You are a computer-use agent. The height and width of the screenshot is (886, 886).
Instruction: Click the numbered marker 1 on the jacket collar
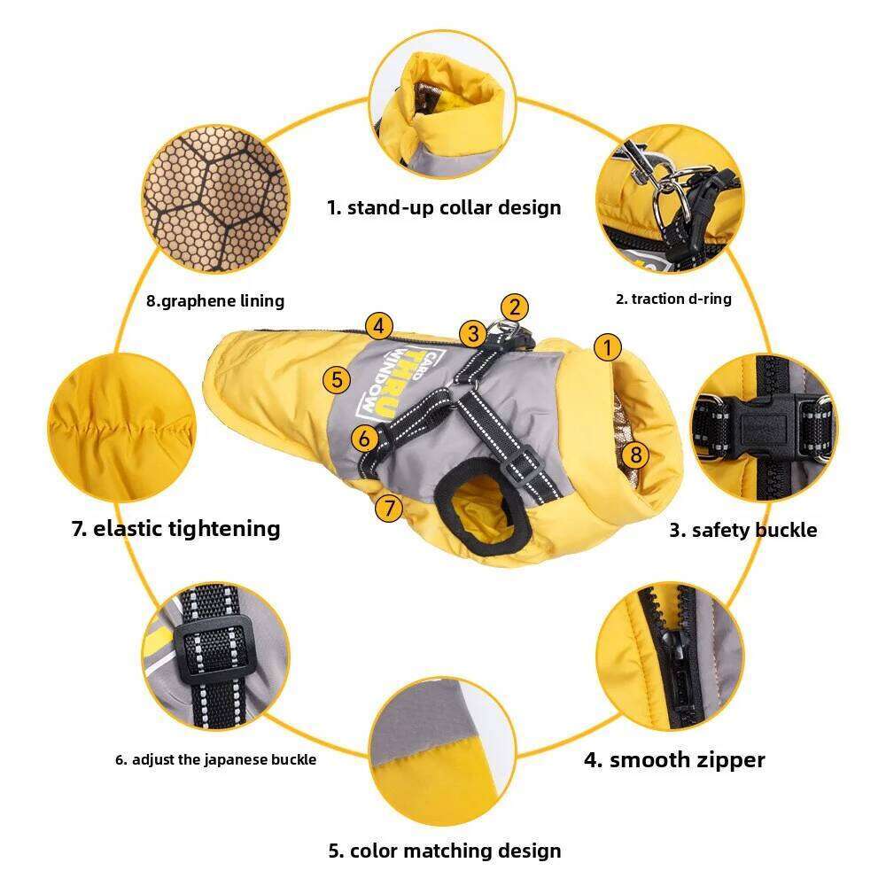tap(608, 347)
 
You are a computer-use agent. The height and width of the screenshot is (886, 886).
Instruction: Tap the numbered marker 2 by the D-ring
tap(514, 307)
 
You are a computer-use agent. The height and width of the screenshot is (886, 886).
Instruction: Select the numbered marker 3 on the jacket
tap(473, 333)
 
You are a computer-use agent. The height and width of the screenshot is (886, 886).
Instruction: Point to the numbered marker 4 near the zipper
tap(378, 326)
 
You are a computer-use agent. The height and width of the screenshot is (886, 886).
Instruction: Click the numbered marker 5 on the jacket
tap(337, 379)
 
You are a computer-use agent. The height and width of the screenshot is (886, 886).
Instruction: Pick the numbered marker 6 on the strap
tap(364, 438)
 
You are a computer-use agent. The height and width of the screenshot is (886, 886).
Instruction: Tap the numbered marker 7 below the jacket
tap(389, 508)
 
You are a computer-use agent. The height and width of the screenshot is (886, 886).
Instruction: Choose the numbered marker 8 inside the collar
tap(635, 454)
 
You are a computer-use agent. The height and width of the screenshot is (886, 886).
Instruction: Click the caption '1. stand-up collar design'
tap(444, 207)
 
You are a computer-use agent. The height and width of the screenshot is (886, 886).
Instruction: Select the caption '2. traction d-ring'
tap(673, 299)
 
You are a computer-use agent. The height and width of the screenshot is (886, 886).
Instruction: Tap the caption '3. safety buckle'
tap(743, 530)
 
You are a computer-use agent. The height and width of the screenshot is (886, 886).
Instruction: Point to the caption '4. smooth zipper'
tap(674, 759)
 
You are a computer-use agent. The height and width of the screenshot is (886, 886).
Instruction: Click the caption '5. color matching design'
tap(445, 851)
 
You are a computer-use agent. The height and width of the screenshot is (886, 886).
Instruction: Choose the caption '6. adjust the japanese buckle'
tap(216, 759)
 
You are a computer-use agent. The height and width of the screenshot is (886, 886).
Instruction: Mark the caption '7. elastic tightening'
tap(175, 528)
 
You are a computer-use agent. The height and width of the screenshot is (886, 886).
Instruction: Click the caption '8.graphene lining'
tap(215, 300)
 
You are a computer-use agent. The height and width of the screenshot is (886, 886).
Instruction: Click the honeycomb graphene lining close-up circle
tap(215, 198)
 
